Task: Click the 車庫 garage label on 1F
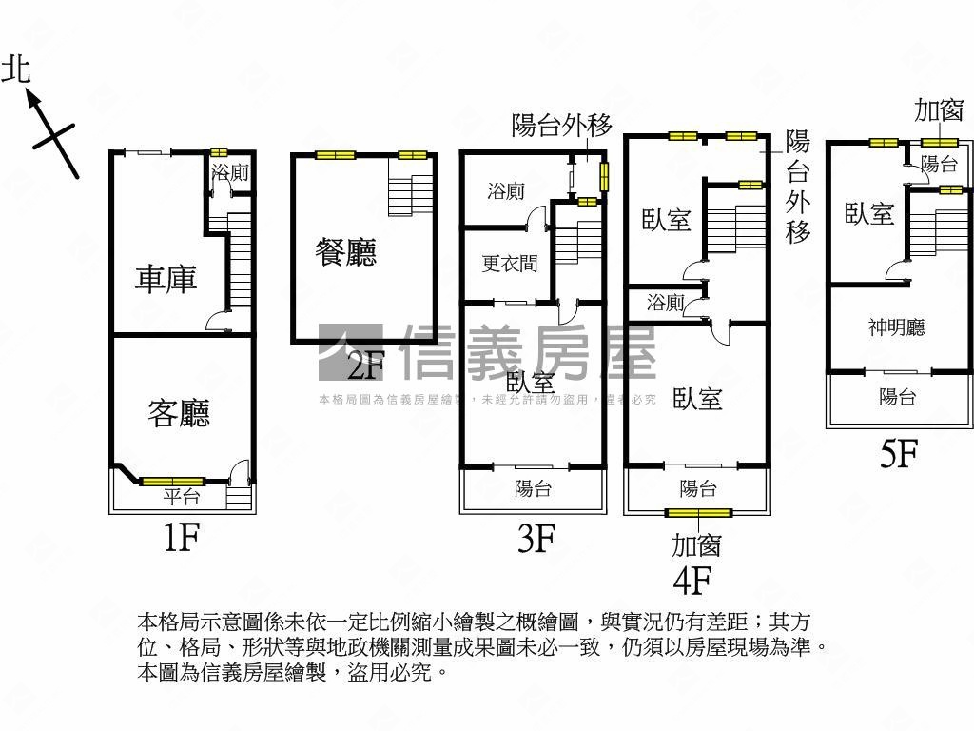(166, 279)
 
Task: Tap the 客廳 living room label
(179, 412)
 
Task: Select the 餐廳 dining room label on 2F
(346, 252)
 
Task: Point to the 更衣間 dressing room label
(509, 264)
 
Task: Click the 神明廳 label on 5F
(896, 328)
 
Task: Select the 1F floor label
(180, 540)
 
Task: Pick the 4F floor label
(692, 579)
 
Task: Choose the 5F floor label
(898, 455)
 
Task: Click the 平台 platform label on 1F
(181, 496)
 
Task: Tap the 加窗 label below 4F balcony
(696, 544)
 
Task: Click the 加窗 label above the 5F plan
(939, 110)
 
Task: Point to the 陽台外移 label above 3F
(561, 125)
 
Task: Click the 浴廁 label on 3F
(505, 191)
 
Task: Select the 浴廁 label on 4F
(665, 304)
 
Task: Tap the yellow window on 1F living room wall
(172, 481)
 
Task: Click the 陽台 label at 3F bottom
(533, 489)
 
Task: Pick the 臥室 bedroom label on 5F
(869, 213)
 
